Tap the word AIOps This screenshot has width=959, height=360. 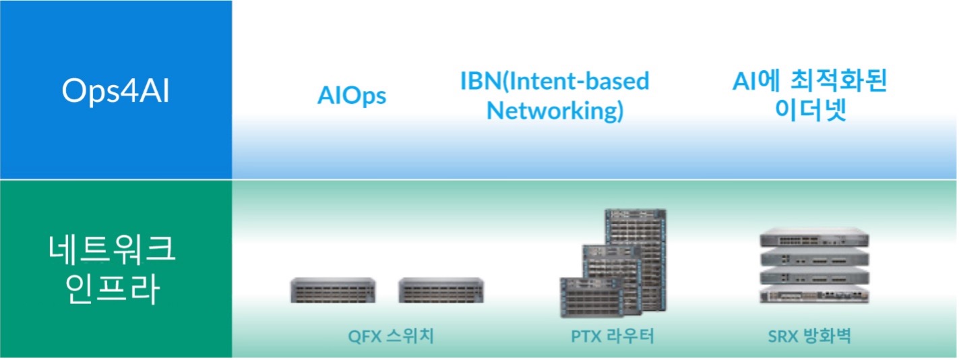pyautogui.click(x=351, y=96)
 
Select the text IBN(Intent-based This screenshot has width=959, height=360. pyautogui.click(x=554, y=81)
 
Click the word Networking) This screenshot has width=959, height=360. pyautogui.click(x=555, y=111)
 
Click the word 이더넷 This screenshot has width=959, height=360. pyautogui.click(x=809, y=111)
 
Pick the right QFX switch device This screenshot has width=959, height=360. pyautogui.click(x=441, y=290)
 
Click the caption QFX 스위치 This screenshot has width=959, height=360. pyautogui.click(x=390, y=336)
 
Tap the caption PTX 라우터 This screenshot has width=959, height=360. pyautogui.click(x=612, y=336)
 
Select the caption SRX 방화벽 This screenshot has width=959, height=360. pyautogui.click(x=809, y=336)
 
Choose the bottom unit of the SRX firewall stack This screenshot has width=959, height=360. pyautogui.click(x=813, y=294)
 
